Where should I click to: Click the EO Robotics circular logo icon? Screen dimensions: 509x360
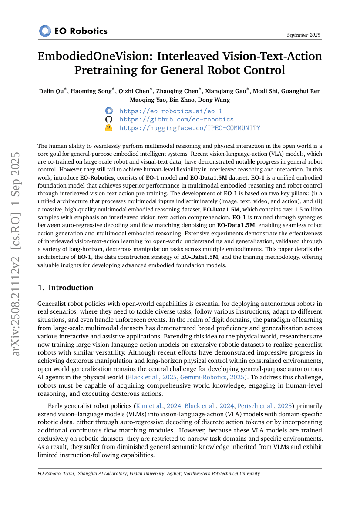coord(45,31)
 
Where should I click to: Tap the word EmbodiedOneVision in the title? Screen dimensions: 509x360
coord(96,57)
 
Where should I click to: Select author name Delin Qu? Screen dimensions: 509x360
coord(51,91)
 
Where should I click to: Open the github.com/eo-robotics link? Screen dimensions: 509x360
coord(176,119)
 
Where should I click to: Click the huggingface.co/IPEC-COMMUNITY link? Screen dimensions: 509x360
coord(189,128)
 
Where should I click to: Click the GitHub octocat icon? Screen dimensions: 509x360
coord(109,119)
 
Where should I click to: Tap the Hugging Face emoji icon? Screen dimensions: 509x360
coord(109,128)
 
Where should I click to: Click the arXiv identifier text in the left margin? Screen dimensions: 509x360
coord(16,254)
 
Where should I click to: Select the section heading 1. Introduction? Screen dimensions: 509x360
coord(65,288)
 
